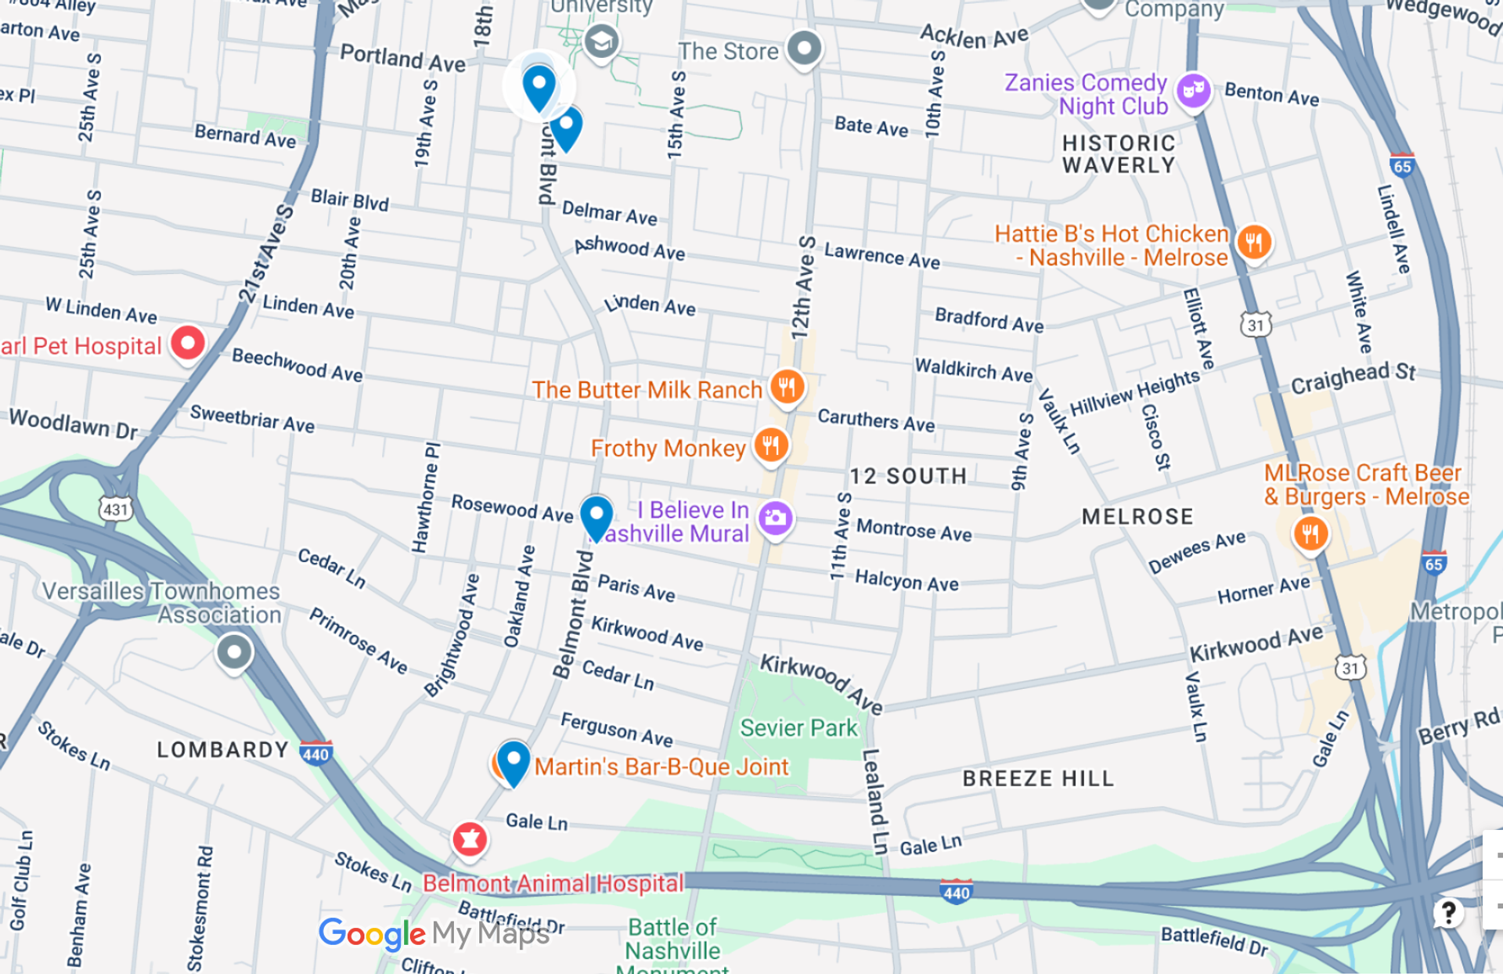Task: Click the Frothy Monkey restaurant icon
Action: point(771,446)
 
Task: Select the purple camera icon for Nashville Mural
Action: point(776,518)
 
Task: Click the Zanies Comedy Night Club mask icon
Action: point(1193,91)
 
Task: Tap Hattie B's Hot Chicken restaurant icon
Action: point(1253,242)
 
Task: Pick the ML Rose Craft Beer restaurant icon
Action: point(1310,534)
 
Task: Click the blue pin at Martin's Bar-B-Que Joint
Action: point(514,762)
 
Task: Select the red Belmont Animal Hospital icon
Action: point(470,839)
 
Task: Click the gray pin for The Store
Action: point(804,49)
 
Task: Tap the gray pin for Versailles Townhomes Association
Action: point(234,651)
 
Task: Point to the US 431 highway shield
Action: point(115,510)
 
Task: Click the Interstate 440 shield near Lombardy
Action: point(315,753)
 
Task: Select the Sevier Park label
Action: point(798,728)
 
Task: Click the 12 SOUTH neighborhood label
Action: point(908,476)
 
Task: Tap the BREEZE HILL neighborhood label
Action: point(1037,778)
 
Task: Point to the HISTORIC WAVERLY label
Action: point(1119,154)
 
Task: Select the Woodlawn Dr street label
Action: point(73,424)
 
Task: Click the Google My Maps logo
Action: point(434,933)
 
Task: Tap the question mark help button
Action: point(1448,912)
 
